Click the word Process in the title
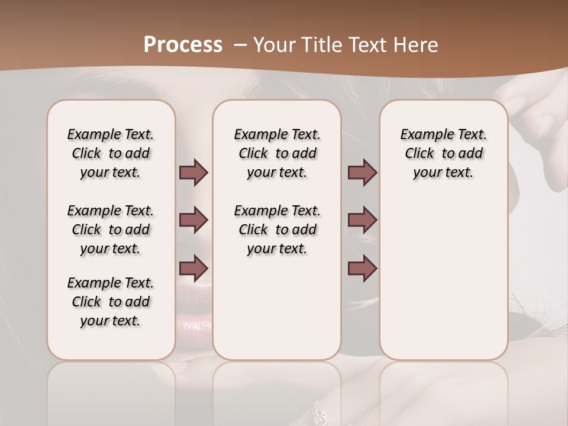tap(183, 45)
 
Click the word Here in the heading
tap(416, 45)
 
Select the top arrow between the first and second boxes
tap(193, 173)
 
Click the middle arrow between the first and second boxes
tap(193, 220)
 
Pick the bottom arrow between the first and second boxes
tap(193, 267)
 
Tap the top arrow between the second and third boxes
tap(362, 173)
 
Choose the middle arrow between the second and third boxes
tap(362, 220)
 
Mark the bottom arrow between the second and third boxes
tap(362, 267)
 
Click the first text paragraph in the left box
tap(111, 153)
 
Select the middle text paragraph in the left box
tap(111, 230)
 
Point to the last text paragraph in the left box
tap(111, 302)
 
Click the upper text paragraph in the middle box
tap(277, 153)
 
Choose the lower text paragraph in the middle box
tap(277, 230)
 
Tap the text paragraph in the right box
tap(443, 153)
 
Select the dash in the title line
tap(240, 45)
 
